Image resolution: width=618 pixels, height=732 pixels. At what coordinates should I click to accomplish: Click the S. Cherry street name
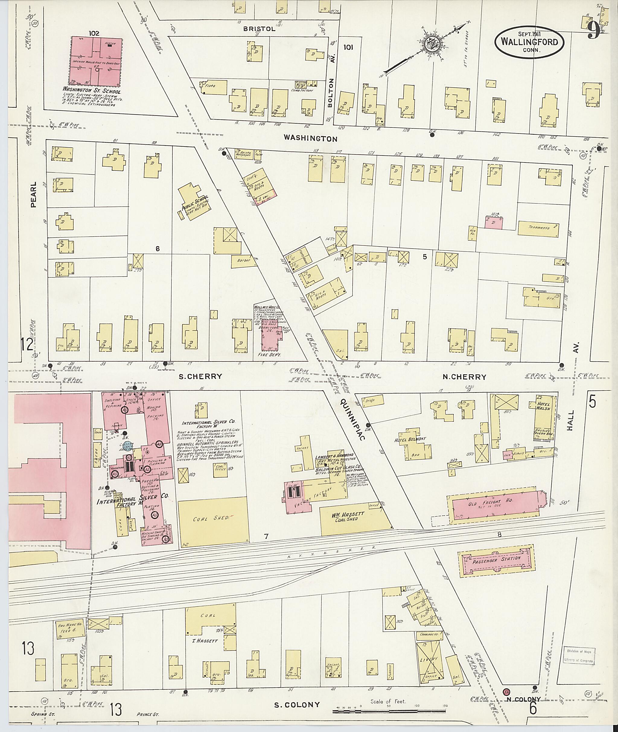pyautogui.click(x=200, y=376)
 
